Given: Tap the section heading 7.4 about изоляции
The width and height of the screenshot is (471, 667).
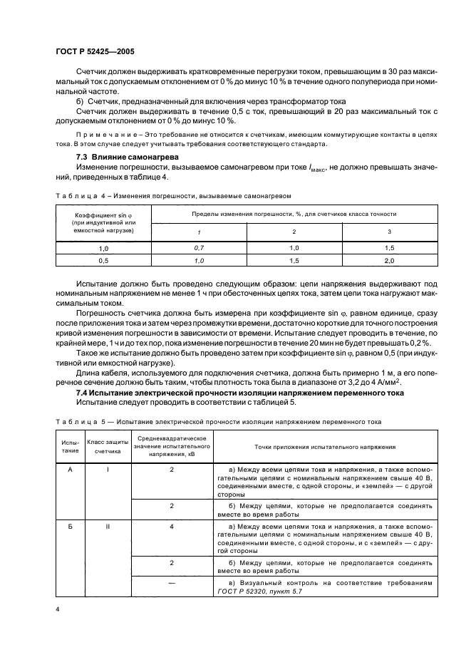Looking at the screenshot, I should [240, 393].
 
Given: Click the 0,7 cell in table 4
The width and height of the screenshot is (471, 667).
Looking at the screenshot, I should [199, 247].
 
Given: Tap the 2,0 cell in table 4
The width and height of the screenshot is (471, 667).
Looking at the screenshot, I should [389, 261].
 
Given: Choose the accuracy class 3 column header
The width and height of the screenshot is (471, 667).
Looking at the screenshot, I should [389, 232].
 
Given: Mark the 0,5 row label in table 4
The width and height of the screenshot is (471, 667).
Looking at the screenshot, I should [103, 261].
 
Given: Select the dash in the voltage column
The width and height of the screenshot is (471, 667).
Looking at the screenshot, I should [172, 582].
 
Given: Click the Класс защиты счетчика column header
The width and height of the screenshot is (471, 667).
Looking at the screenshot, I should [108, 445].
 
